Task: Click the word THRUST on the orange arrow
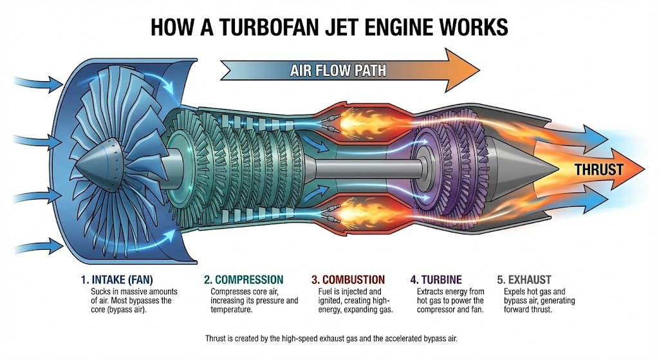pyautogui.click(x=599, y=170)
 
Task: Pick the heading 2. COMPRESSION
pyautogui.click(x=243, y=279)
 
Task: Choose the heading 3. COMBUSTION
pyautogui.click(x=348, y=279)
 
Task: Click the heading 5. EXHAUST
pyautogui.click(x=524, y=279)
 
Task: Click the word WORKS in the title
pyautogui.click(x=469, y=27)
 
